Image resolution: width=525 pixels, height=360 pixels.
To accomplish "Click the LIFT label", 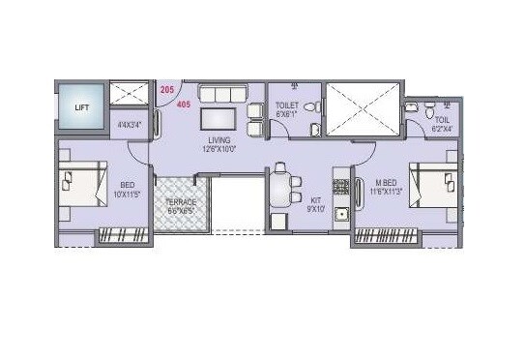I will (x=80, y=107).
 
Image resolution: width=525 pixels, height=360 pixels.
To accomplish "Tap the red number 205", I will (x=166, y=89).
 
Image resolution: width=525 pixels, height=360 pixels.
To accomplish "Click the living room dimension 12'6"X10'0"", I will (x=219, y=150).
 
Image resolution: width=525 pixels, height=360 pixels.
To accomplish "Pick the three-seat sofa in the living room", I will (x=223, y=94).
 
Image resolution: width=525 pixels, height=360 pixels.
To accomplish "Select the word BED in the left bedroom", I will (x=128, y=185).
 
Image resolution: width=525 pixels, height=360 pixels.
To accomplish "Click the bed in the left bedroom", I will (x=82, y=183).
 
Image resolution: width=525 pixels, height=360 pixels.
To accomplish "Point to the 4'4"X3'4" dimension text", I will (x=129, y=124).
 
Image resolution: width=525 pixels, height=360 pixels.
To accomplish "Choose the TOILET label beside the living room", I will (x=286, y=105).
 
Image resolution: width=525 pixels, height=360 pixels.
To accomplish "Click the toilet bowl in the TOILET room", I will (x=310, y=106).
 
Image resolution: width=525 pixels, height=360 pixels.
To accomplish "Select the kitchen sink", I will (x=340, y=215).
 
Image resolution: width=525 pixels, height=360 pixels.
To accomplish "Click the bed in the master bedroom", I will (x=430, y=183).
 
